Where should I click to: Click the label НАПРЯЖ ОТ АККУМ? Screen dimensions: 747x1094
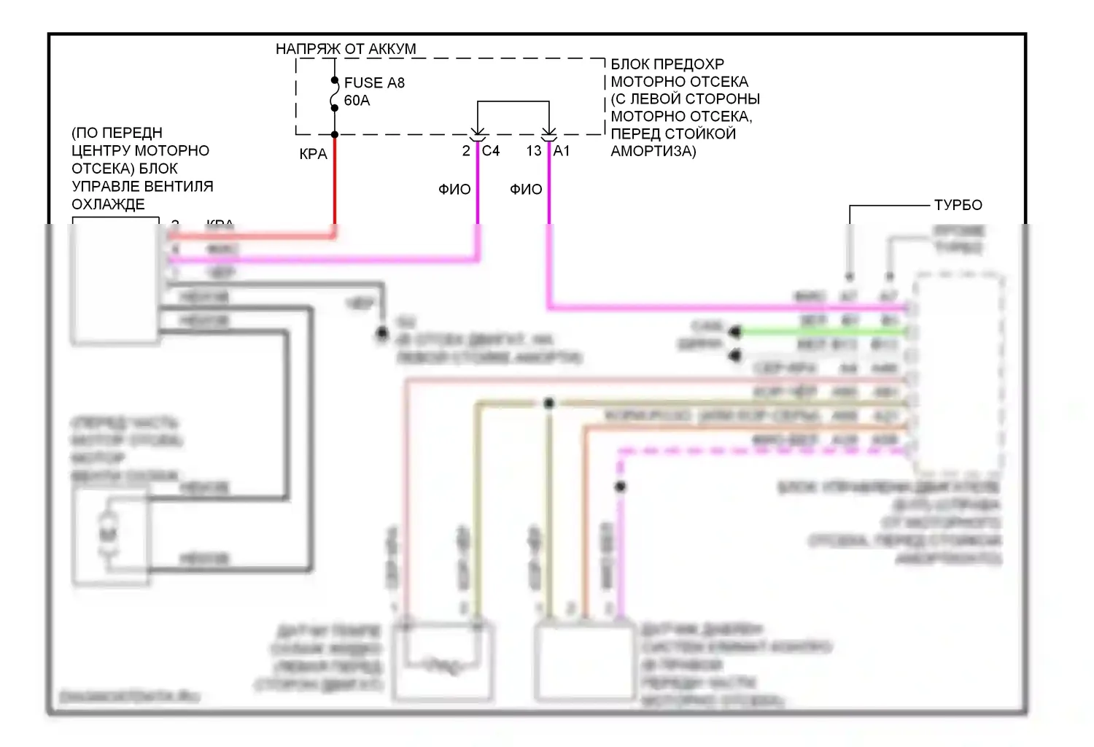(x=346, y=49)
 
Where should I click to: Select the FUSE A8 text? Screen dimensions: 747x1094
(x=374, y=83)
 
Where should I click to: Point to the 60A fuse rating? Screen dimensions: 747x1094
(x=357, y=101)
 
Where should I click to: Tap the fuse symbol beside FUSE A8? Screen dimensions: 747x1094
(x=335, y=94)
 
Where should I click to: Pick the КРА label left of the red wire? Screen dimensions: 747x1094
(x=313, y=155)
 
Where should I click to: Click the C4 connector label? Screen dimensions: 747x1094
(x=491, y=151)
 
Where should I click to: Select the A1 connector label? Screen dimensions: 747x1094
(x=562, y=151)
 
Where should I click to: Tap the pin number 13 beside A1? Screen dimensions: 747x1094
(x=534, y=151)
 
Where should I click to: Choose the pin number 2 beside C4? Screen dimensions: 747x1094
(x=466, y=151)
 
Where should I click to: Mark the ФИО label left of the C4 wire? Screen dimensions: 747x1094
(x=454, y=190)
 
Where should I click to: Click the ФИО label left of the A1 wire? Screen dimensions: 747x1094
(x=526, y=190)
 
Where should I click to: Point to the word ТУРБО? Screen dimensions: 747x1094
(x=958, y=205)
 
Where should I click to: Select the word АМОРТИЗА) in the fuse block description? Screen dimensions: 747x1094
(x=653, y=152)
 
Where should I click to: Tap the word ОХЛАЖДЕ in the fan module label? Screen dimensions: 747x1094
(x=108, y=205)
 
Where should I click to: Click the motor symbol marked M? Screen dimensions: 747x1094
(x=108, y=535)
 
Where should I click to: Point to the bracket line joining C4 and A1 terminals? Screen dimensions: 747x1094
(x=513, y=101)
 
